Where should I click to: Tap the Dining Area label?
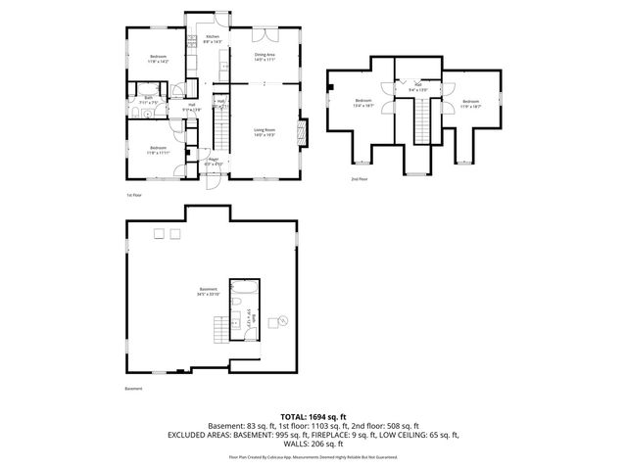pyautogui.click(x=264, y=58)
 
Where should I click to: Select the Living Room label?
pyautogui.click(x=264, y=132)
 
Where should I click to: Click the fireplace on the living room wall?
pyautogui.click(x=303, y=130)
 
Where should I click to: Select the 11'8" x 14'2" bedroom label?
pyautogui.click(x=159, y=60)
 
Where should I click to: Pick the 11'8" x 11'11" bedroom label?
pyautogui.click(x=159, y=151)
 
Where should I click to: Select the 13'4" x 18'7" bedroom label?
pyautogui.click(x=364, y=103)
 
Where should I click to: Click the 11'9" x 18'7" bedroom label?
pyautogui.click(x=471, y=103)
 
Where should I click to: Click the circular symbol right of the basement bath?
pyautogui.click(x=284, y=320)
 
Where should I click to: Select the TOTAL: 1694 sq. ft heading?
pyautogui.click(x=313, y=417)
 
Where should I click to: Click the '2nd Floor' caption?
pyautogui.click(x=360, y=179)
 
